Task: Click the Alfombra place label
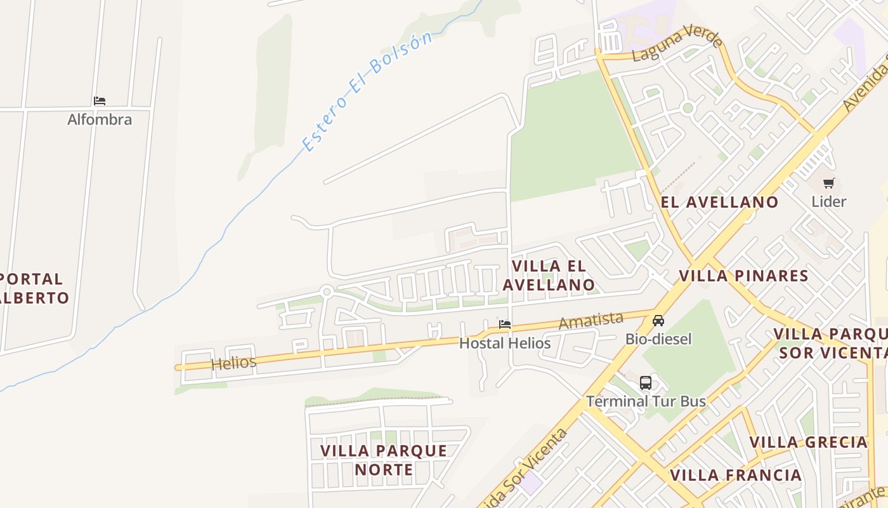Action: (100, 119)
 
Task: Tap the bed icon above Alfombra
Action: (100, 101)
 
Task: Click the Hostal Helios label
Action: (505, 343)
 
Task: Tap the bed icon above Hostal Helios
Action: (505, 324)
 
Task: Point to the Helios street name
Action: (233, 363)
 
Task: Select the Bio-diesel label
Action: (658, 339)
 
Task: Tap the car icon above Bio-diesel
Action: (658, 321)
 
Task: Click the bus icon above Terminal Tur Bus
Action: (646, 383)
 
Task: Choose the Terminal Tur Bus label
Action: (646, 401)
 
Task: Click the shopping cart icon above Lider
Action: (829, 184)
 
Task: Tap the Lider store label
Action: (829, 202)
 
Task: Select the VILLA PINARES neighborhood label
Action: (744, 276)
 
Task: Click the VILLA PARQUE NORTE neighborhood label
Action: (384, 460)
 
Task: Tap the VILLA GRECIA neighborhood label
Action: (809, 442)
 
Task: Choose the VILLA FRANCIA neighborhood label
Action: (736, 475)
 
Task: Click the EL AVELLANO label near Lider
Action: (719, 202)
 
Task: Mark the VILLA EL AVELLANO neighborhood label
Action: (549, 275)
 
